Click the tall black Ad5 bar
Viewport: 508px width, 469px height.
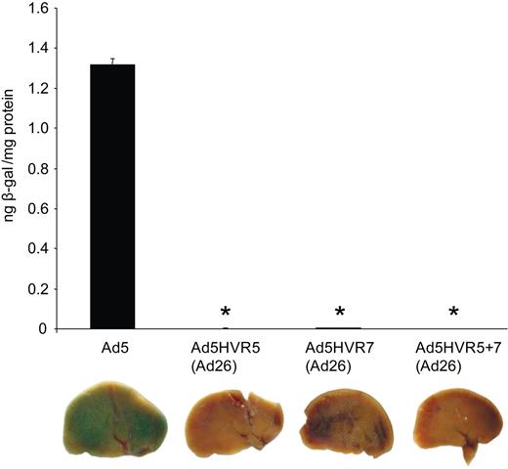point(112,195)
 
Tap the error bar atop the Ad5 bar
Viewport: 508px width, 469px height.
point(112,61)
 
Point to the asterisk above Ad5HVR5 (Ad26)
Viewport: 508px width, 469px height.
point(226,313)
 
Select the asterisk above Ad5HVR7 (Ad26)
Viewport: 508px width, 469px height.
point(340,313)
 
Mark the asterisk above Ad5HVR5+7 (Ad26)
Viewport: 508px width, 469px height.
point(453,313)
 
